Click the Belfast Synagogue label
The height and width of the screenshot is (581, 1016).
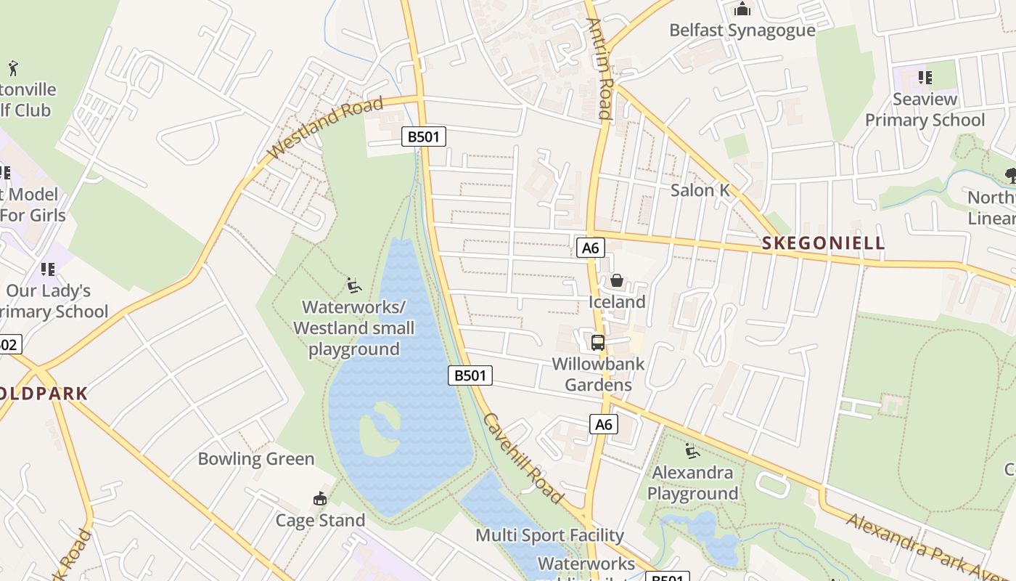pyautogui.click(x=742, y=31)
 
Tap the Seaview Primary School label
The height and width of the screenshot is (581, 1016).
pyautogui.click(x=925, y=110)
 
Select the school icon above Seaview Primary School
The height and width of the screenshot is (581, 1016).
pyautogui.click(x=925, y=77)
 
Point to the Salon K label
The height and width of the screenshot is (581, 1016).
pyautogui.click(x=700, y=190)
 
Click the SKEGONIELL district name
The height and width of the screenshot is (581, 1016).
pyautogui.click(x=824, y=243)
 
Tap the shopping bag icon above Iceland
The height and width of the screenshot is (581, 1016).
pyautogui.click(x=617, y=280)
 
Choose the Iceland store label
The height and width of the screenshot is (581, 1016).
pyautogui.click(x=617, y=302)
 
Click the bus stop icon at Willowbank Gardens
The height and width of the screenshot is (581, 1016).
pyautogui.click(x=598, y=343)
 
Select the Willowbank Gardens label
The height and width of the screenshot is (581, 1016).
pyautogui.click(x=598, y=374)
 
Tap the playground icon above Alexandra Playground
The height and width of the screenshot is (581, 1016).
pyautogui.click(x=692, y=452)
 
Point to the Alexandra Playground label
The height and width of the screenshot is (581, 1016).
pyautogui.click(x=693, y=484)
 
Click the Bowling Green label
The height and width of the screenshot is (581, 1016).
pyautogui.click(x=256, y=459)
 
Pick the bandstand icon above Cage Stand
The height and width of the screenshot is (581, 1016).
pyautogui.click(x=319, y=499)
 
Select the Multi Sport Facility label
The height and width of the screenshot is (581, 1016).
pyautogui.click(x=549, y=536)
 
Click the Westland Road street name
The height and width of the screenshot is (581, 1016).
pyautogui.click(x=326, y=129)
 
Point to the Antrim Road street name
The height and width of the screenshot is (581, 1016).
pyautogui.click(x=602, y=68)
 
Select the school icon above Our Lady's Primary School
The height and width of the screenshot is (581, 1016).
pyautogui.click(x=48, y=269)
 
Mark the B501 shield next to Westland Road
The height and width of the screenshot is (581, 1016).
pyautogui.click(x=424, y=137)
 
